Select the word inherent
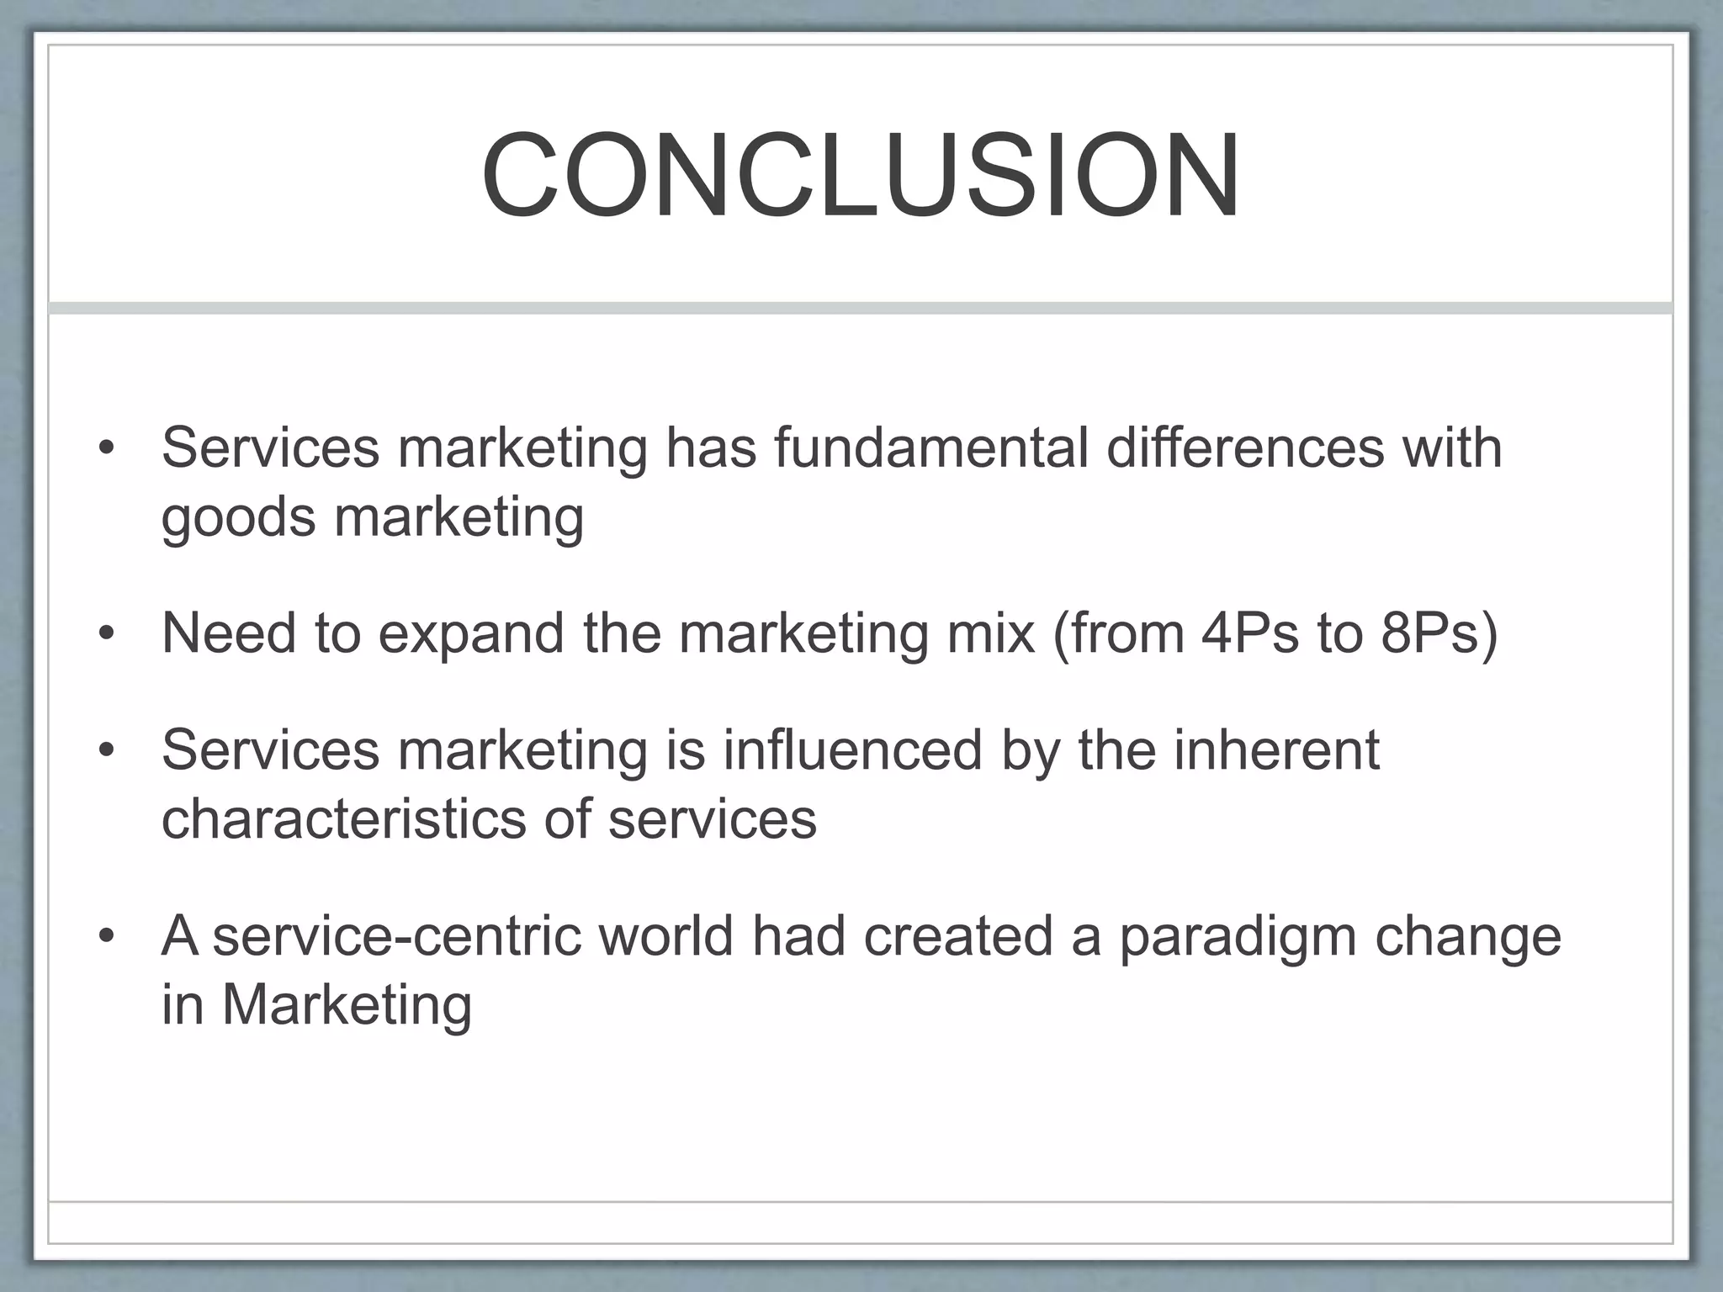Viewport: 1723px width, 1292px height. (1276, 749)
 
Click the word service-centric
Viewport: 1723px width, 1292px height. (396, 935)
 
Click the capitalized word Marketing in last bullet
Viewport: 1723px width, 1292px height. (347, 1006)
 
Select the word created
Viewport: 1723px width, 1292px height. (958, 935)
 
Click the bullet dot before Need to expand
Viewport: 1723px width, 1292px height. (105, 634)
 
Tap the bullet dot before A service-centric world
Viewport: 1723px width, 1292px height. (105, 936)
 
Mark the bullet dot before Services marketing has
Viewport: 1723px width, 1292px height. (105, 447)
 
